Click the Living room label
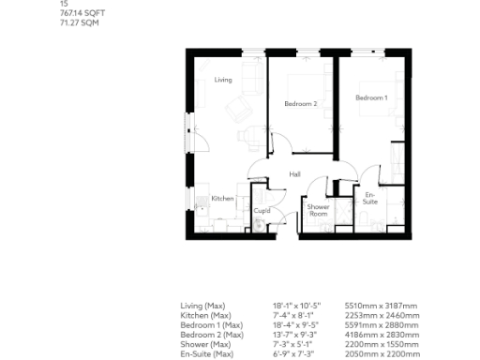pos(222,80)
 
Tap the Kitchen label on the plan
pos(222,198)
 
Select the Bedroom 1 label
pos(371,97)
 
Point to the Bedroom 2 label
pos(301,103)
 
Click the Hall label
pos(294,174)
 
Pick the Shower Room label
pos(319,210)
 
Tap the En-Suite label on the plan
pos(370,199)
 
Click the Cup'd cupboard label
pos(262,211)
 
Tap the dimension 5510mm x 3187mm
pos(381,306)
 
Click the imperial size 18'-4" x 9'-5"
pos(294,324)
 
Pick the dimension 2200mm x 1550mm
pos(381,343)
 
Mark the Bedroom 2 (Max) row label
pos(212,334)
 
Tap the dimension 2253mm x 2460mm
pos(381,315)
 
